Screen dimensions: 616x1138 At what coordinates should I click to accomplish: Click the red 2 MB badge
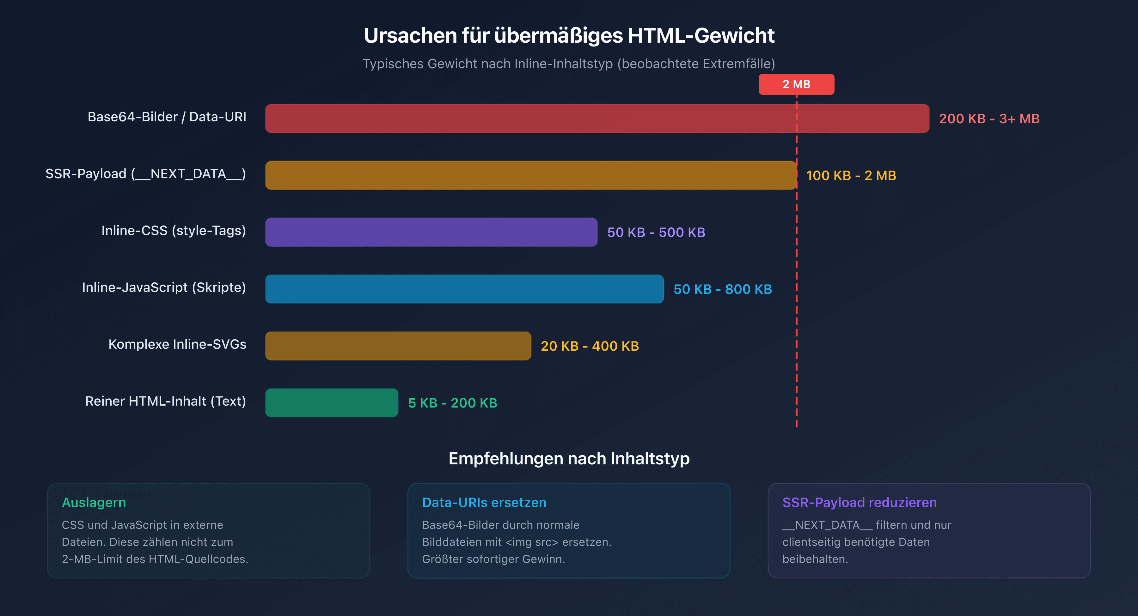coord(796,84)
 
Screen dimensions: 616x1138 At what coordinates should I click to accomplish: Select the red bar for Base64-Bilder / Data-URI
coord(597,118)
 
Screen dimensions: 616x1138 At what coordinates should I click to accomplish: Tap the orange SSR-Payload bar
coord(530,175)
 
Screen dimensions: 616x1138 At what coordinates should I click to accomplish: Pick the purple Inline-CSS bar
coord(431,232)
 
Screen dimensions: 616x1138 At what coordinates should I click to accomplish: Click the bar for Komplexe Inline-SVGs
coord(398,346)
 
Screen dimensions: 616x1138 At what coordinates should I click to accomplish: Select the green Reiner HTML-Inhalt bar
coord(331,403)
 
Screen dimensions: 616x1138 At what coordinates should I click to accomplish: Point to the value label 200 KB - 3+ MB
coord(989,119)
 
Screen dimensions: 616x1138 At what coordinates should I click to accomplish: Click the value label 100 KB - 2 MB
coord(851,176)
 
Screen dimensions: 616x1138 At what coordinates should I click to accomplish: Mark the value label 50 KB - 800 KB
coord(723,289)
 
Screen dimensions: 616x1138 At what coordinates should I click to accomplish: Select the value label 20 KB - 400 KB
coord(590,346)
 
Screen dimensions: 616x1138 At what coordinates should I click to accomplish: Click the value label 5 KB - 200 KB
coord(452,403)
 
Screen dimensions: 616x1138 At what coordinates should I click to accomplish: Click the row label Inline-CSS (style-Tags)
coord(174,231)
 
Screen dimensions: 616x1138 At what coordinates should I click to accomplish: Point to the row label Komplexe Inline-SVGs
coord(177,344)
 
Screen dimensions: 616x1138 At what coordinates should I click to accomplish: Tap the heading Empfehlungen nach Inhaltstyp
coord(569,458)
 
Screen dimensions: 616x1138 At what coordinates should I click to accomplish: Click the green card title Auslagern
coord(94,503)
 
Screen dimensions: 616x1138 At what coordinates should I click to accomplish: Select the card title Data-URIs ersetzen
coord(484,503)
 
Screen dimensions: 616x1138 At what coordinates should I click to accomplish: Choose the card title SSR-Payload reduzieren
coord(859,503)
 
